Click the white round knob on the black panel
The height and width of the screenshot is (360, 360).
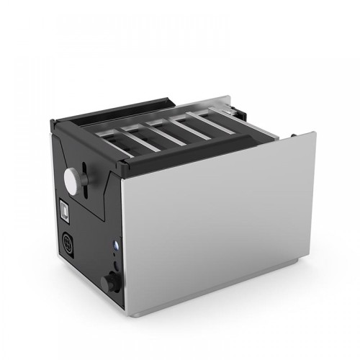(x=73, y=176)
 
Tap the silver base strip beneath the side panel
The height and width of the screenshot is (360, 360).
(x=216, y=295)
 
